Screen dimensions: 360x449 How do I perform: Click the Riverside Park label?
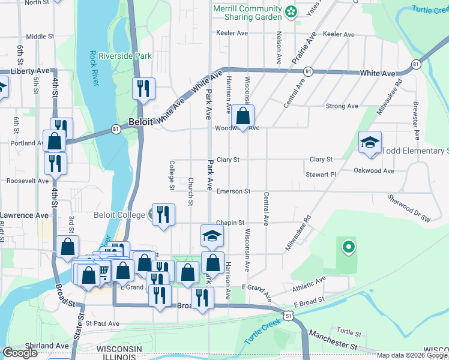pos(125,56)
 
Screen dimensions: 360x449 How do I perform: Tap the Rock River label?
pos(94,68)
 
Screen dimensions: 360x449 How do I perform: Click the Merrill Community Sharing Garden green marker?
pos(291,11)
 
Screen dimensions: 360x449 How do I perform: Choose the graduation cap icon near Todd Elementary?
pos(370,142)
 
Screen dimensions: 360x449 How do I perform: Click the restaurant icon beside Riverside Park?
pos(143,89)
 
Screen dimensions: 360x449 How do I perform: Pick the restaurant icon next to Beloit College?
pos(163,214)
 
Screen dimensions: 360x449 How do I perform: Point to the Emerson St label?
pos(233,191)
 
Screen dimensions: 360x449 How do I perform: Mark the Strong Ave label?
pos(341,106)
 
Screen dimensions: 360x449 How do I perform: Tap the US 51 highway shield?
pos(289,316)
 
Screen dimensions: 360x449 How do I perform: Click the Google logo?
pos(20,353)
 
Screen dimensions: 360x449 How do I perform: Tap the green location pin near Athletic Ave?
pos(348,246)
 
